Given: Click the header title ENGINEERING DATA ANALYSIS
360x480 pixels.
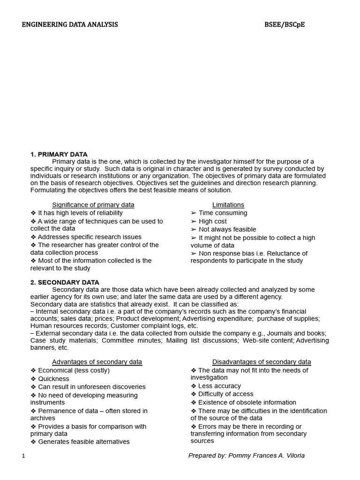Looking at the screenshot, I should coord(70,24).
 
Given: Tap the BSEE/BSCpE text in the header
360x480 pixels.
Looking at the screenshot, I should coord(285,24).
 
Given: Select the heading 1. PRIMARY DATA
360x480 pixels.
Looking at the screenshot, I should coord(59,154).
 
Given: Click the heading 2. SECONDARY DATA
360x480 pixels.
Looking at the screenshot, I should coord(65,282).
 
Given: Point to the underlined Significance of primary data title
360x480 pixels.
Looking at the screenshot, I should coord(93,205).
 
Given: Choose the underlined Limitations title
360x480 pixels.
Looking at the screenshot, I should coord(228,205).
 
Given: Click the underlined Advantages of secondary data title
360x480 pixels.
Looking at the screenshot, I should coord(97,362).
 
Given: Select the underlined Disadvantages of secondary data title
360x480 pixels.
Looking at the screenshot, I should coord(262,362).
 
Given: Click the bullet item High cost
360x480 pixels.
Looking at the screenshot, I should coord(212,221).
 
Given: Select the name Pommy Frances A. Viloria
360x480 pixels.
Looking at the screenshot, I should coord(266,456).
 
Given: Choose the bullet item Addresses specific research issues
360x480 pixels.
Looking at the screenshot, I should coord(90,237).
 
